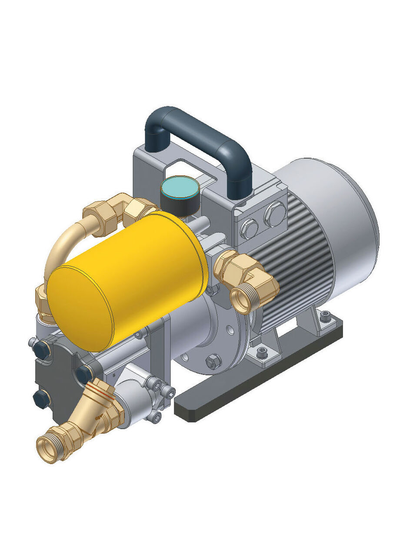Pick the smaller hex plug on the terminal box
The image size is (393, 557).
[x=249, y=228]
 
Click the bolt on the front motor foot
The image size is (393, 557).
[x=262, y=351]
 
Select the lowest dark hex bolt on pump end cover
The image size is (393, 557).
[x=40, y=398]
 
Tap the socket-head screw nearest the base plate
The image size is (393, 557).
[x=157, y=417]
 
